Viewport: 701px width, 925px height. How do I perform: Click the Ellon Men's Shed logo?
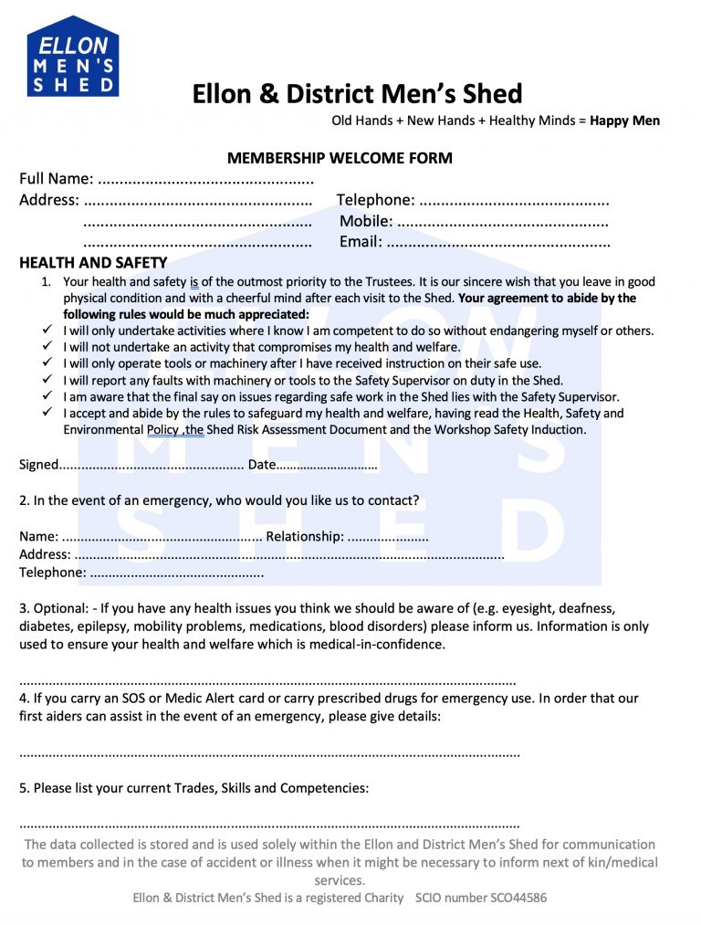(x=73, y=57)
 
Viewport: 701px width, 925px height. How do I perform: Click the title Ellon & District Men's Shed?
(x=357, y=94)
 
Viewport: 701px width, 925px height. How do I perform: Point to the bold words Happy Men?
(x=625, y=121)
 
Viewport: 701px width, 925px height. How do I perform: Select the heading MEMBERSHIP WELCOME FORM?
(x=340, y=158)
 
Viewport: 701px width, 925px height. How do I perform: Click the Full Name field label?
(x=56, y=179)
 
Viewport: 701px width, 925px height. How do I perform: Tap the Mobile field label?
(x=366, y=221)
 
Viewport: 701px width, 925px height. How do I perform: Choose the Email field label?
(x=361, y=242)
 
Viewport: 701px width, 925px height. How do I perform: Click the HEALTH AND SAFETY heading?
(x=80, y=263)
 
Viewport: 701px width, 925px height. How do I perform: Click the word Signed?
(x=38, y=465)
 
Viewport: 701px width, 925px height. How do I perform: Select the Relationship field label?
(x=305, y=537)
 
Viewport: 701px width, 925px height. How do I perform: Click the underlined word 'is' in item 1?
(x=194, y=282)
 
